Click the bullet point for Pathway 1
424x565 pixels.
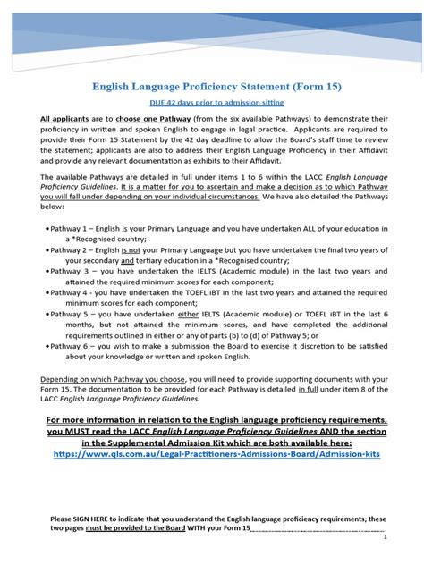pos(47,229)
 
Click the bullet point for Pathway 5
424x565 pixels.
pos(47,314)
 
